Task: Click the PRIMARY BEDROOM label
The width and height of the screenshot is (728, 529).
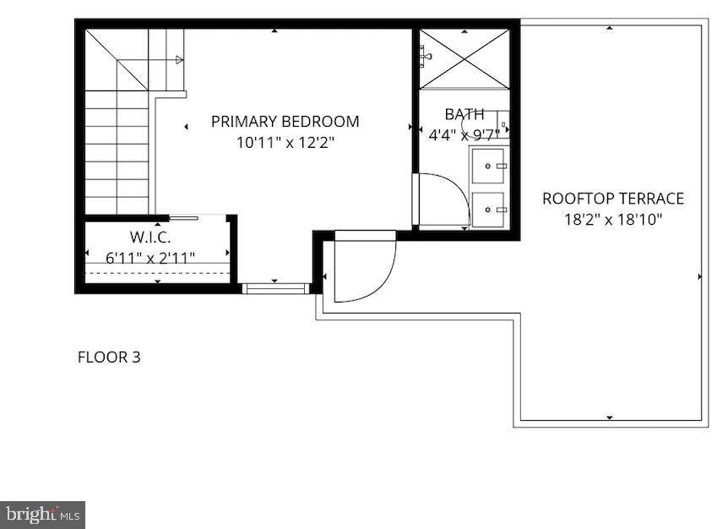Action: (285, 122)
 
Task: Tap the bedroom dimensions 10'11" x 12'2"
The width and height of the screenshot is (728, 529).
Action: (285, 143)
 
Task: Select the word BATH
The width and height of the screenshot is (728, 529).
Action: (465, 114)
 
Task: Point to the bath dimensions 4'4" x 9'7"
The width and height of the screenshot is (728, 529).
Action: (465, 133)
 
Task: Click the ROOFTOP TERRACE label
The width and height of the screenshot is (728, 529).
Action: (612, 199)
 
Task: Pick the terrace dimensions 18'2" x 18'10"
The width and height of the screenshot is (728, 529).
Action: (612, 220)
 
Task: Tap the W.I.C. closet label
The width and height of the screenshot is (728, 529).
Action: (151, 236)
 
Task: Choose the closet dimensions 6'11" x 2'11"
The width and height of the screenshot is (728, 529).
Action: (151, 256)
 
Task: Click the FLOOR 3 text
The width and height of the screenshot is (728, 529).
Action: (109, 357)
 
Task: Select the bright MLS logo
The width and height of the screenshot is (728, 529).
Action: (42, 513)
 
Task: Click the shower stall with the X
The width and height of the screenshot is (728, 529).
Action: (465, 57)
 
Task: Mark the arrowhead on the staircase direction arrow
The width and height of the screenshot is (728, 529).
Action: (179, 60)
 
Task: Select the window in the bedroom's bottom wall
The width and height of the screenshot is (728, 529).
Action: (274, 289)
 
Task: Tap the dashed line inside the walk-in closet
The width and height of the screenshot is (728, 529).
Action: (158, 273)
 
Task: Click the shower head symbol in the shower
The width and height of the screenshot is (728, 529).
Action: (425, 57)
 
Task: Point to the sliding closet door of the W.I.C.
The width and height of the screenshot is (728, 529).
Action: (184, 218)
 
